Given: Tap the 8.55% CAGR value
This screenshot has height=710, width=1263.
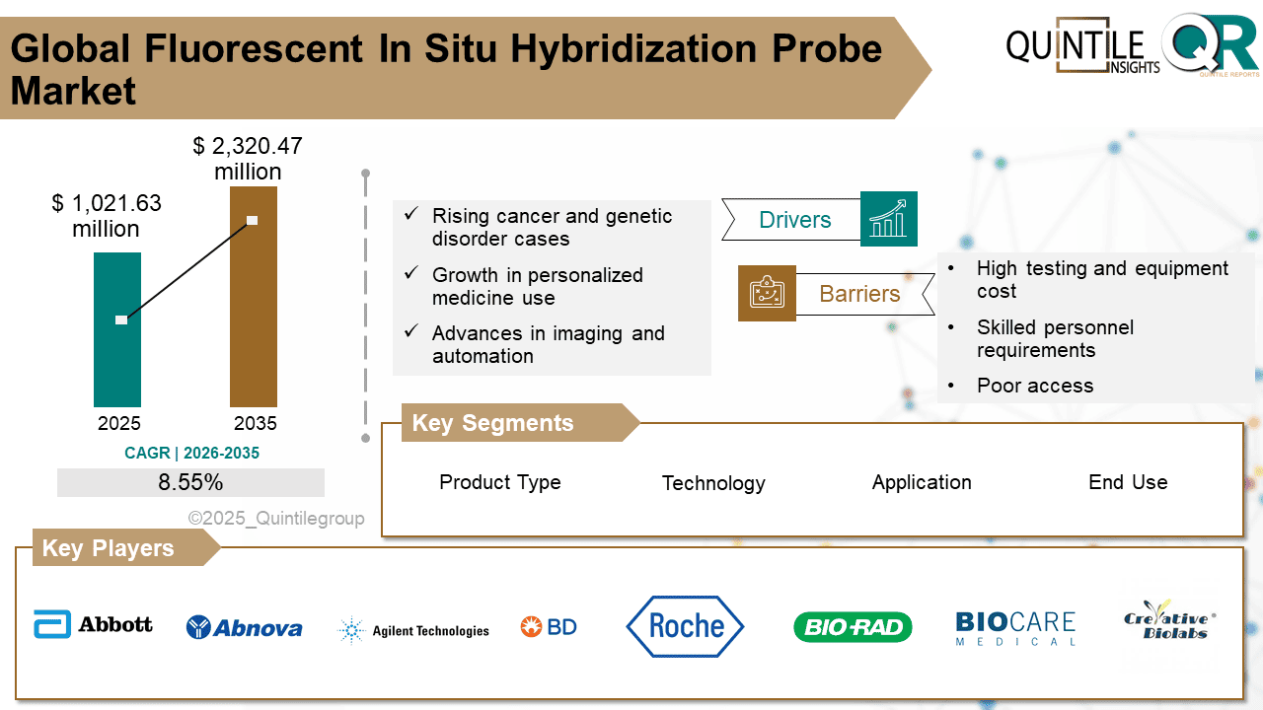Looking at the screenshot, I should point(190,483).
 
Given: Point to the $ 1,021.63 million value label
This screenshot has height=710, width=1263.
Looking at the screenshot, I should point(106,216).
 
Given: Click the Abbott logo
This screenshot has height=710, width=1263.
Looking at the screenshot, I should point(94,624).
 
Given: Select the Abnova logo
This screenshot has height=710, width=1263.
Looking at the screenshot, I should point(244,627).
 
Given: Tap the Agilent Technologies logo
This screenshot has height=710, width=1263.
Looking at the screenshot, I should point(413,630).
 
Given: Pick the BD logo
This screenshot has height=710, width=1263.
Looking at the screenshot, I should point(549,626).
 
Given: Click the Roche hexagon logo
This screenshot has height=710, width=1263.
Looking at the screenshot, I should point(686,626).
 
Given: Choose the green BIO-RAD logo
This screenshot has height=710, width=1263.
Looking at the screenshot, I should point(853,627).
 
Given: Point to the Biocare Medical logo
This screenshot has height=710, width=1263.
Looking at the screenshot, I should point(1015,628).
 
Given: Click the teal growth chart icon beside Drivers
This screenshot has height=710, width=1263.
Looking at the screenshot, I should point(888,219).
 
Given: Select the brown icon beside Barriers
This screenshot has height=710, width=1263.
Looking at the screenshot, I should point(767,293).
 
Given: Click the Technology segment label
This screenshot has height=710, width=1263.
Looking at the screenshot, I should point(713,483).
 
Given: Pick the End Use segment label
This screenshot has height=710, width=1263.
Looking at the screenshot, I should point(1128,482).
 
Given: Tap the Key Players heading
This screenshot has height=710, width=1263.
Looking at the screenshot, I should point(108,548).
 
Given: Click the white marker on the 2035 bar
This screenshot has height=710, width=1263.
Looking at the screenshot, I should point(252,220).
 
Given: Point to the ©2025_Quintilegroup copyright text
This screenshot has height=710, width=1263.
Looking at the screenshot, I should point(276,519).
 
